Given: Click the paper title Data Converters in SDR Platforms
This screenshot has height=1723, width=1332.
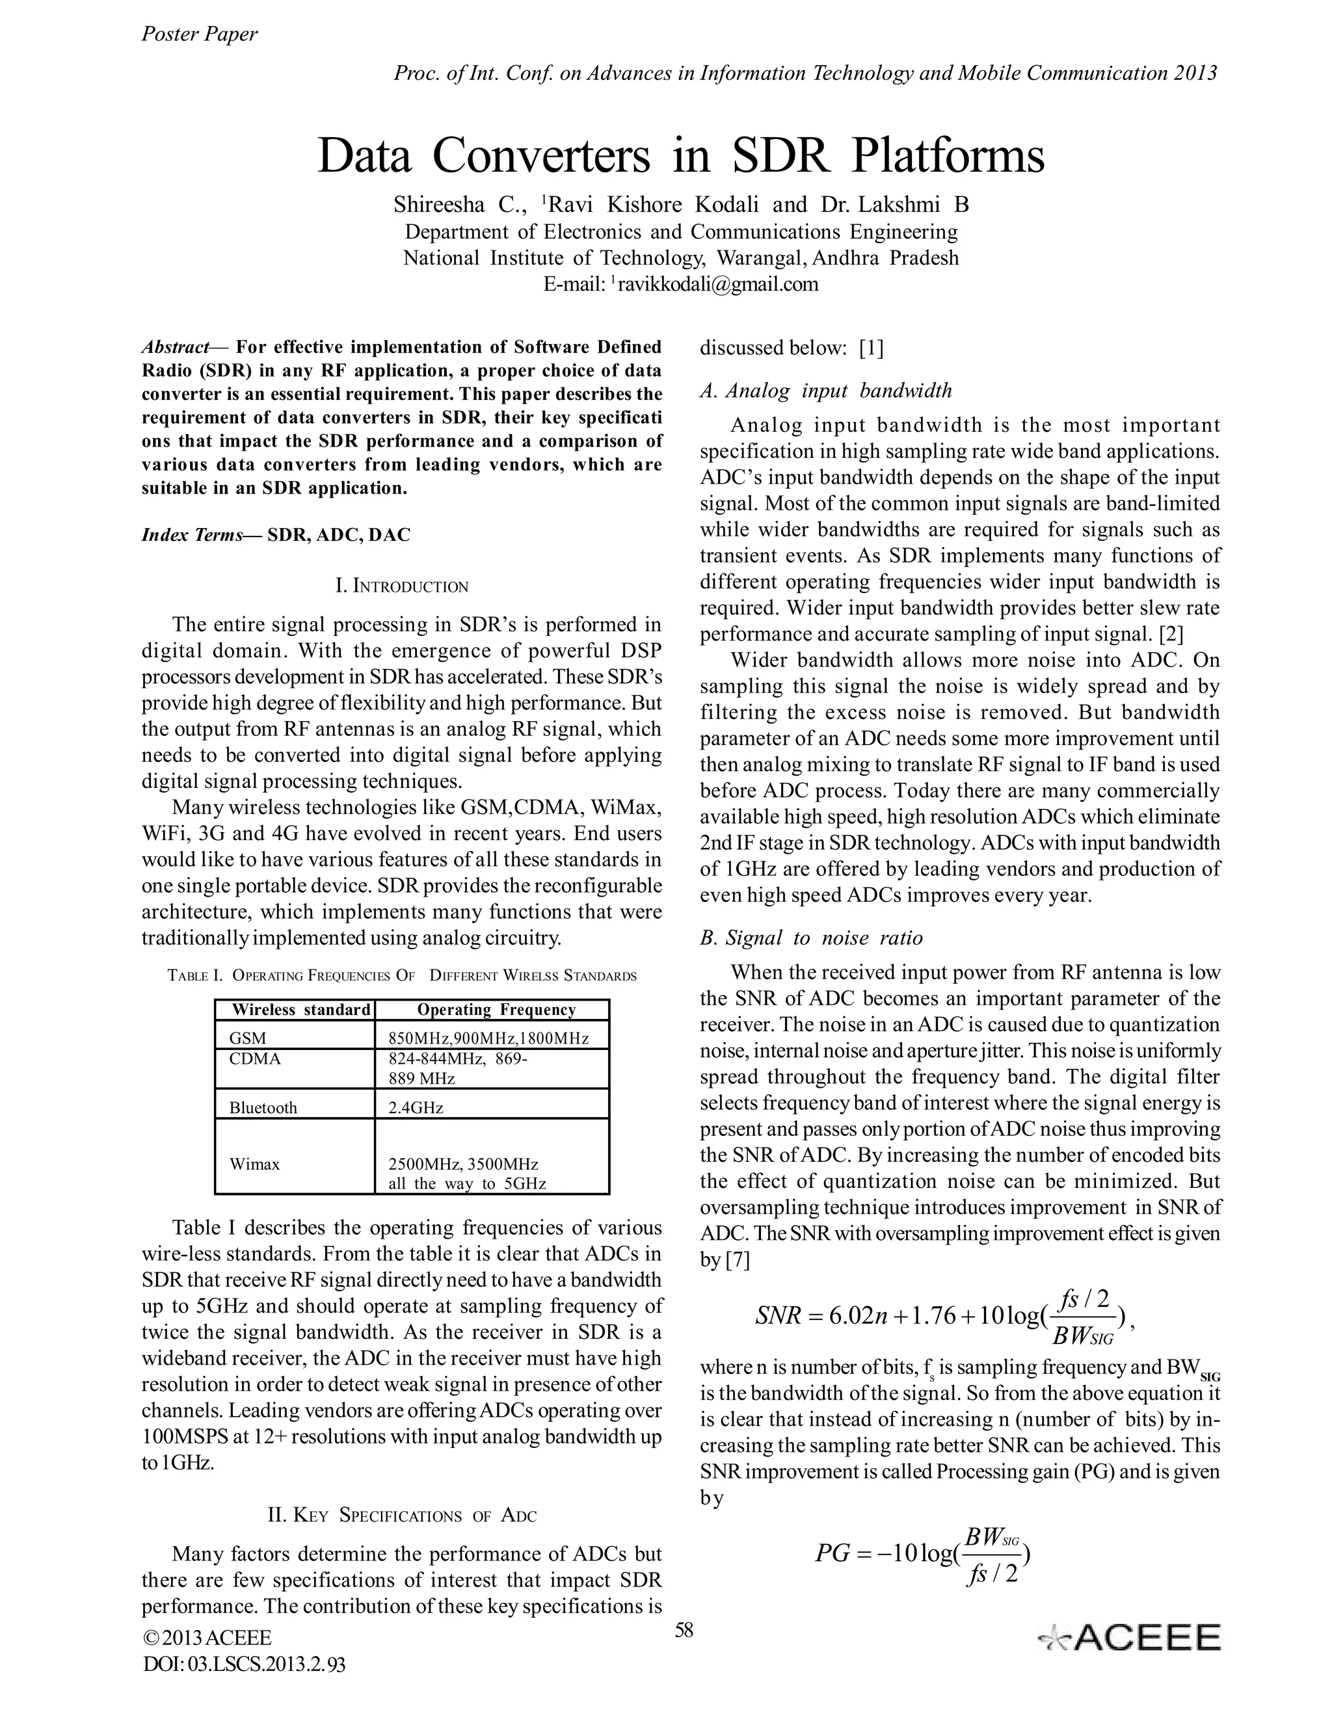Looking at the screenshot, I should coord(680,155).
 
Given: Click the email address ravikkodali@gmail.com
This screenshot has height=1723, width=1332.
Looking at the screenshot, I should coord(717,284).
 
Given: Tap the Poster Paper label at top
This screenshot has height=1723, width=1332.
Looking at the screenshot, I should coord(199,34).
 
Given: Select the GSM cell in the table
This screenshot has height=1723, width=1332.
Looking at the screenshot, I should coord(248,1038).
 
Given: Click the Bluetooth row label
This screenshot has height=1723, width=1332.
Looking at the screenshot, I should coord(263,1107).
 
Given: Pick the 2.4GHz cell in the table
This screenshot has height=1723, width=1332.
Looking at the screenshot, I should coord(416,1107).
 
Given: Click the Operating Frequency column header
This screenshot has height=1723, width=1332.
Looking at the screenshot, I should coord(496,1010).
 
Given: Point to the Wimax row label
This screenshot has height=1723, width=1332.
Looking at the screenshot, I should coord(254,1164).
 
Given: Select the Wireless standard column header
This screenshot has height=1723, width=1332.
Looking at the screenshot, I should coord(300,1010).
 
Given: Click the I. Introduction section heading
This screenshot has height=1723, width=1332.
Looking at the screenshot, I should coord(402,586).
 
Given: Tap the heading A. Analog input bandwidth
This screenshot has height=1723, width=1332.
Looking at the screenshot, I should coord(825,391).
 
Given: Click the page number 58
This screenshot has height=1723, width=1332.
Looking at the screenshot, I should coord(684,1631).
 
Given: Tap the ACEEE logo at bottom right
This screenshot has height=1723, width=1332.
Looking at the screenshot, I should coord(1130,1637).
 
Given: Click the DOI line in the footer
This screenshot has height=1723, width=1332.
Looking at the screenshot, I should coord(244,1664).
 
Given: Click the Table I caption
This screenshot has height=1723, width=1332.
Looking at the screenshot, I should coord(402,976).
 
